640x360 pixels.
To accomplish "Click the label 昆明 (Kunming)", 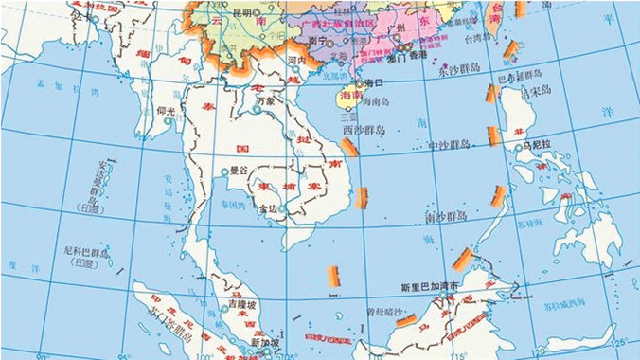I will pos(243,13).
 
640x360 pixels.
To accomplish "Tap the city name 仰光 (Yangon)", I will pos(166,111).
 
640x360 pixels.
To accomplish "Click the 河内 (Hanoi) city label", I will pos(295,60).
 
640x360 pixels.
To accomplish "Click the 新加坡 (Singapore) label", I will pos(263,342).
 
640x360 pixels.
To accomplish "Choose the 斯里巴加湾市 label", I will pos(429,285).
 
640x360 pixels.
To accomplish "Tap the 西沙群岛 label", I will pos(364,130).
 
